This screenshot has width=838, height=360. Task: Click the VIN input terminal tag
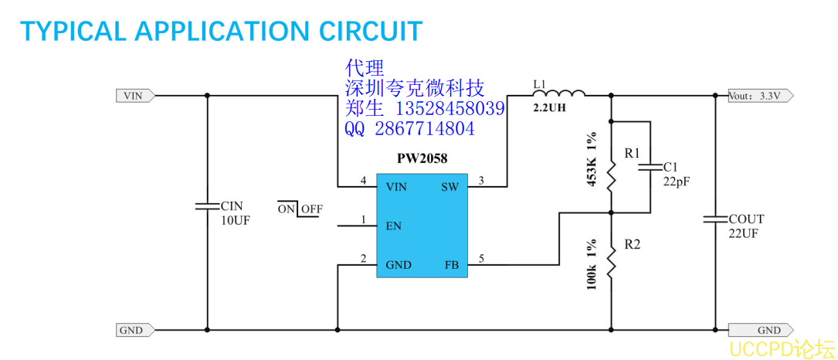134,96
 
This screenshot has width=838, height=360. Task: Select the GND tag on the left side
133,330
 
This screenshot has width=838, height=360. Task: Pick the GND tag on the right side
765,330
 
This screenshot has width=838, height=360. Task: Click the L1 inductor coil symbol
558,93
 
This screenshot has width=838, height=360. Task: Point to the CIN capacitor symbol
207,206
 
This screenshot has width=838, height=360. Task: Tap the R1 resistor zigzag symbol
611,176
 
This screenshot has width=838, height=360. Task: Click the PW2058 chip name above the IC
422,158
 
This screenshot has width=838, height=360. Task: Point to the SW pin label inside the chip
449,186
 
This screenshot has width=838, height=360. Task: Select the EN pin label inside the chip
393,226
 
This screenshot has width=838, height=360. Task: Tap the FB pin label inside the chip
451,265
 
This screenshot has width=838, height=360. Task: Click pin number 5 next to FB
481,259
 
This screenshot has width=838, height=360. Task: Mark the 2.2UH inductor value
549,109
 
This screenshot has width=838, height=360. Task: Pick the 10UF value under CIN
236,219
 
